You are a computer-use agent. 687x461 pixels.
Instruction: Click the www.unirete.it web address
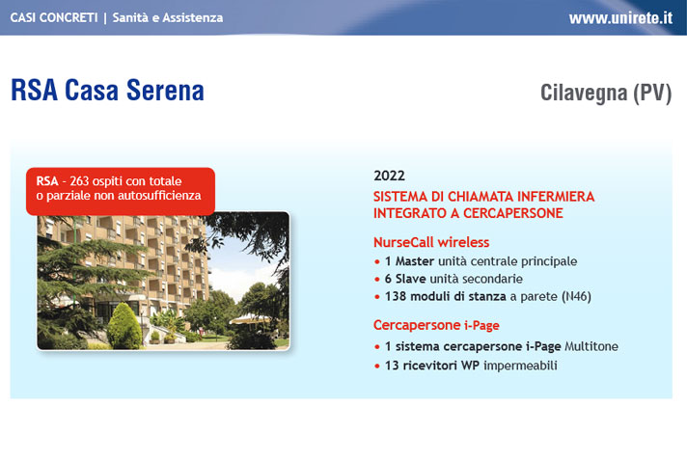pos(620,18)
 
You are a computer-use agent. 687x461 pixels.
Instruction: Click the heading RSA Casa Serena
pos(107,91)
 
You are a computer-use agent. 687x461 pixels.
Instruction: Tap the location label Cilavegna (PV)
pos(606,93)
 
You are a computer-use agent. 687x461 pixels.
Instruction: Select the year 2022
pos(389,176)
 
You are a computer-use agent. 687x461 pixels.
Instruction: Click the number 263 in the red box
pos(79,180)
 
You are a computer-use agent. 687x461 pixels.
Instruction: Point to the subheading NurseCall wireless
pos(431,242)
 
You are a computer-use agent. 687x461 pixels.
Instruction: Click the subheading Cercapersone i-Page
pos(436,325)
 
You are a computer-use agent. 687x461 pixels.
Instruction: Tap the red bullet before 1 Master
pos(377,261)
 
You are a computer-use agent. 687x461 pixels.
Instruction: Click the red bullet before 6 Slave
pos(377,280)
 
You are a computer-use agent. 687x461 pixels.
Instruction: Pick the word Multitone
pos(591,346)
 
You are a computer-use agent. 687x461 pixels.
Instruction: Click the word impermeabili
pos(520,366)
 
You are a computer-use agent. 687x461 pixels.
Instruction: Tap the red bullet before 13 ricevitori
pos(377,366)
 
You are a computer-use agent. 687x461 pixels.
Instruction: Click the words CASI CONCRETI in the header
pos(54,17)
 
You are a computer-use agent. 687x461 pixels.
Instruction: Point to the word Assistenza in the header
pos(193,17)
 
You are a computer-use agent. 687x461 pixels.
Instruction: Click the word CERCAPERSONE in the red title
pos(512,213)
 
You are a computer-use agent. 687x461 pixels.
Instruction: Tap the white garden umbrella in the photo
pos(251,319)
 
